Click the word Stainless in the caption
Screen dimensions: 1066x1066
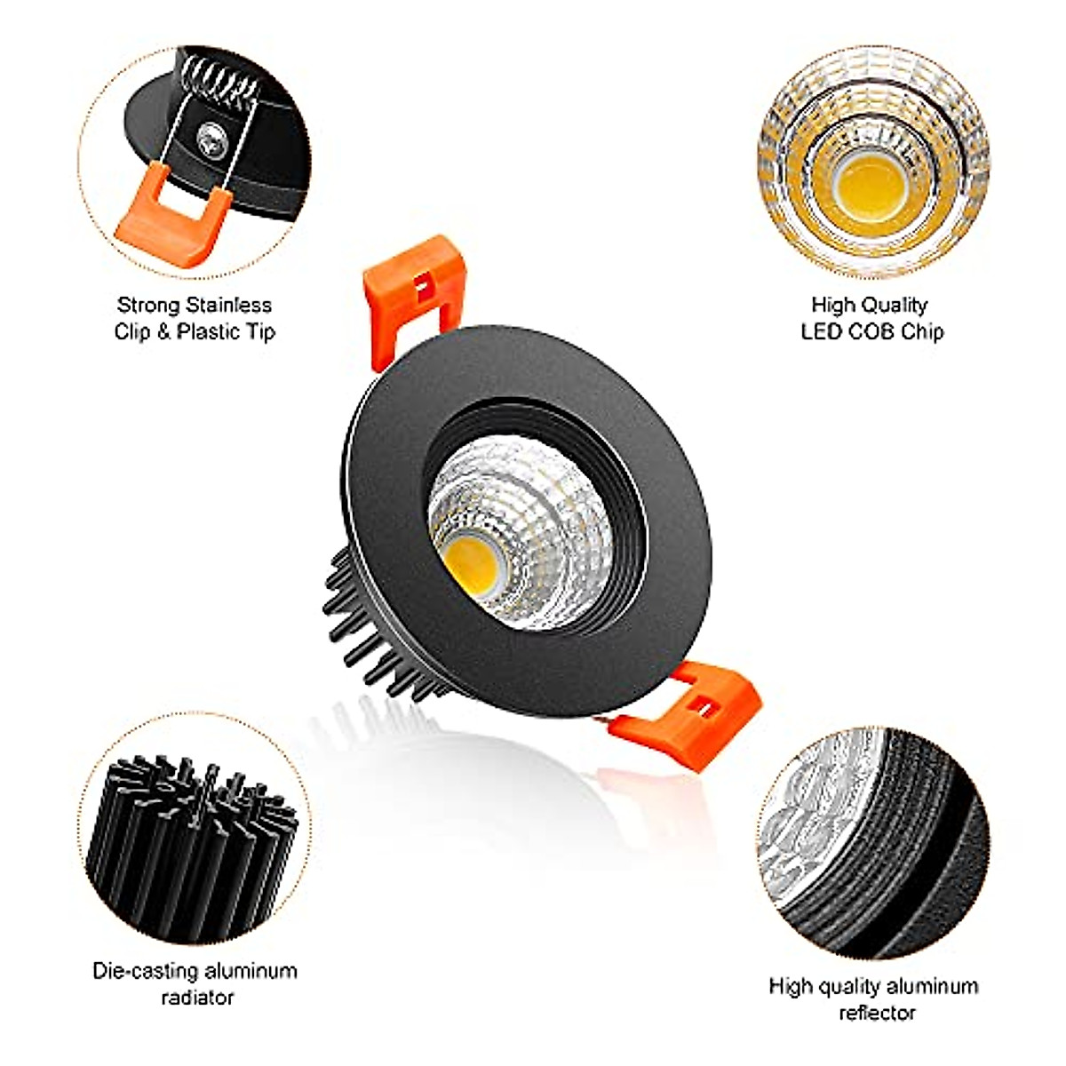click(x=229, y=306)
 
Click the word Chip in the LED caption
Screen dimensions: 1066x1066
click(x=922, y=332)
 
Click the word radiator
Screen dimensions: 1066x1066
click(x=196, y=997)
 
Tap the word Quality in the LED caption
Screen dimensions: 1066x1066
click(x=895, y=306)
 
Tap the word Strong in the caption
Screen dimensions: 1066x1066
click(x=149, y=306)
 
